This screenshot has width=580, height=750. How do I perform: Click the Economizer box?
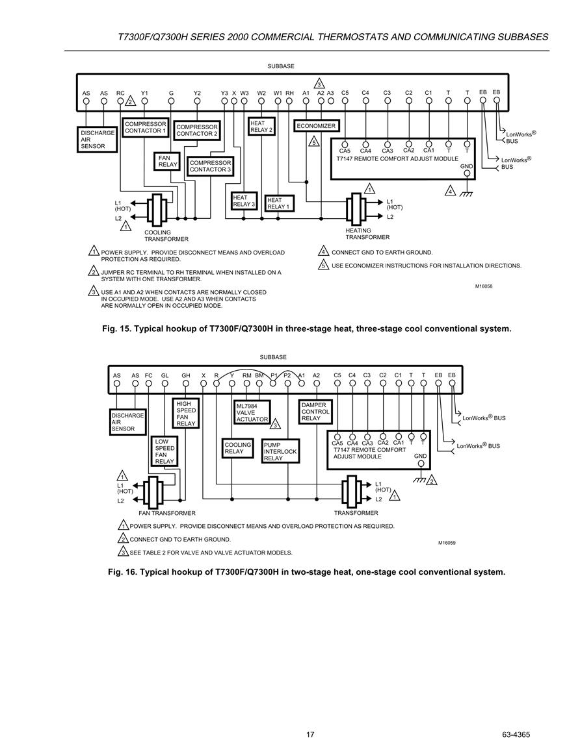point(316,126)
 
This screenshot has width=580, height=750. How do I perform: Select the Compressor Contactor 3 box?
point(210,166)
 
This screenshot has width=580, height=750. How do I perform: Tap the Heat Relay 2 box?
point(261,126)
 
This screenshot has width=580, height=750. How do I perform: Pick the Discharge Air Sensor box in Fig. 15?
point(98,140)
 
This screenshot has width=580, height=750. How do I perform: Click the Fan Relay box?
point(167,161)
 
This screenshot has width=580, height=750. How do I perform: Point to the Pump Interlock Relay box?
point(280,451)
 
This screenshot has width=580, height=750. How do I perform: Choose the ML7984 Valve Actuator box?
point(252,412)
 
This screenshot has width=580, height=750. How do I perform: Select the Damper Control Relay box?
point(315,411)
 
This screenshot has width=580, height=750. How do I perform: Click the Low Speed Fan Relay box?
point(165,451)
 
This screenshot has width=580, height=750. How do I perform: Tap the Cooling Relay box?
point(237,448)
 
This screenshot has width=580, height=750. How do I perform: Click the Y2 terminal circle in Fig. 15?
point(197,101)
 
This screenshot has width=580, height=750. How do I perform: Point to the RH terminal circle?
point(289,101)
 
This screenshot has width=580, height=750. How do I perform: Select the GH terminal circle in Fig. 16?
point(186,383)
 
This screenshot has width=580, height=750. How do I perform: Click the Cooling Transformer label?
point(166,236)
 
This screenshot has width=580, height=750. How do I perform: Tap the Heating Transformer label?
point(367,234)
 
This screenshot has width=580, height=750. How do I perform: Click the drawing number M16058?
point(484,286)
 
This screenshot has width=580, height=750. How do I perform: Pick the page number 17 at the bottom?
point(310,734)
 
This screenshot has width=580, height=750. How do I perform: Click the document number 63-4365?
point(516,734)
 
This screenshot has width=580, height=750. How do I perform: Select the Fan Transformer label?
point(166,513)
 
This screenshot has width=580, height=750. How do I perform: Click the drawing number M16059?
point(447,543)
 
